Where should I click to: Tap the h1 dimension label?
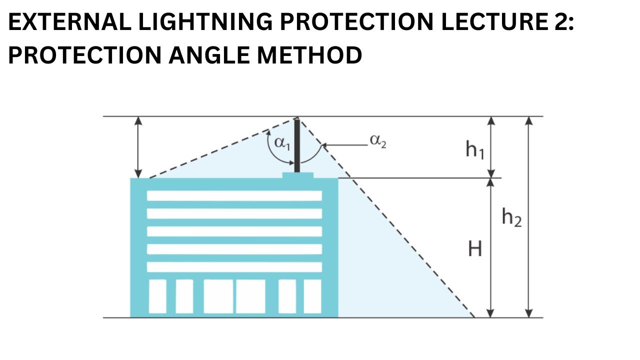pos(474,149)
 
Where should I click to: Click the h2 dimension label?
pos(511,218)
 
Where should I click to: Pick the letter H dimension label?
pos(474,248)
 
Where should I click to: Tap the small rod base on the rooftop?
pos(298,175)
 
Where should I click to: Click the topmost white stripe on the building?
pos(234,195)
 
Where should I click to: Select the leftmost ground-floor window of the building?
pos(157,296)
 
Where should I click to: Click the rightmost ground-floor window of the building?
pos(312,296)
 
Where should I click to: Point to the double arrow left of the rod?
pos(139,147)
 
